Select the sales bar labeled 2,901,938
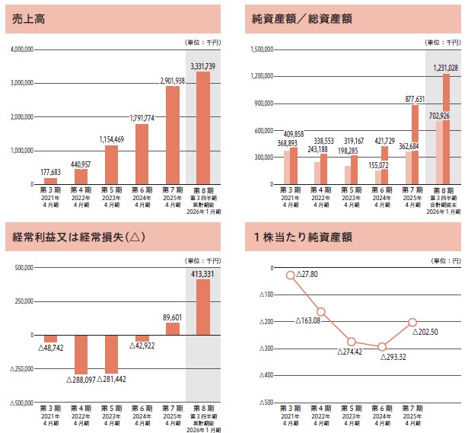tap(173, 135)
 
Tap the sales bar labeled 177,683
tap(50, 181)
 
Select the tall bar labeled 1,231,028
tap(447, 129)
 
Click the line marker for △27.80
tap(290, 275)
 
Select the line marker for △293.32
tap(382, 346)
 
